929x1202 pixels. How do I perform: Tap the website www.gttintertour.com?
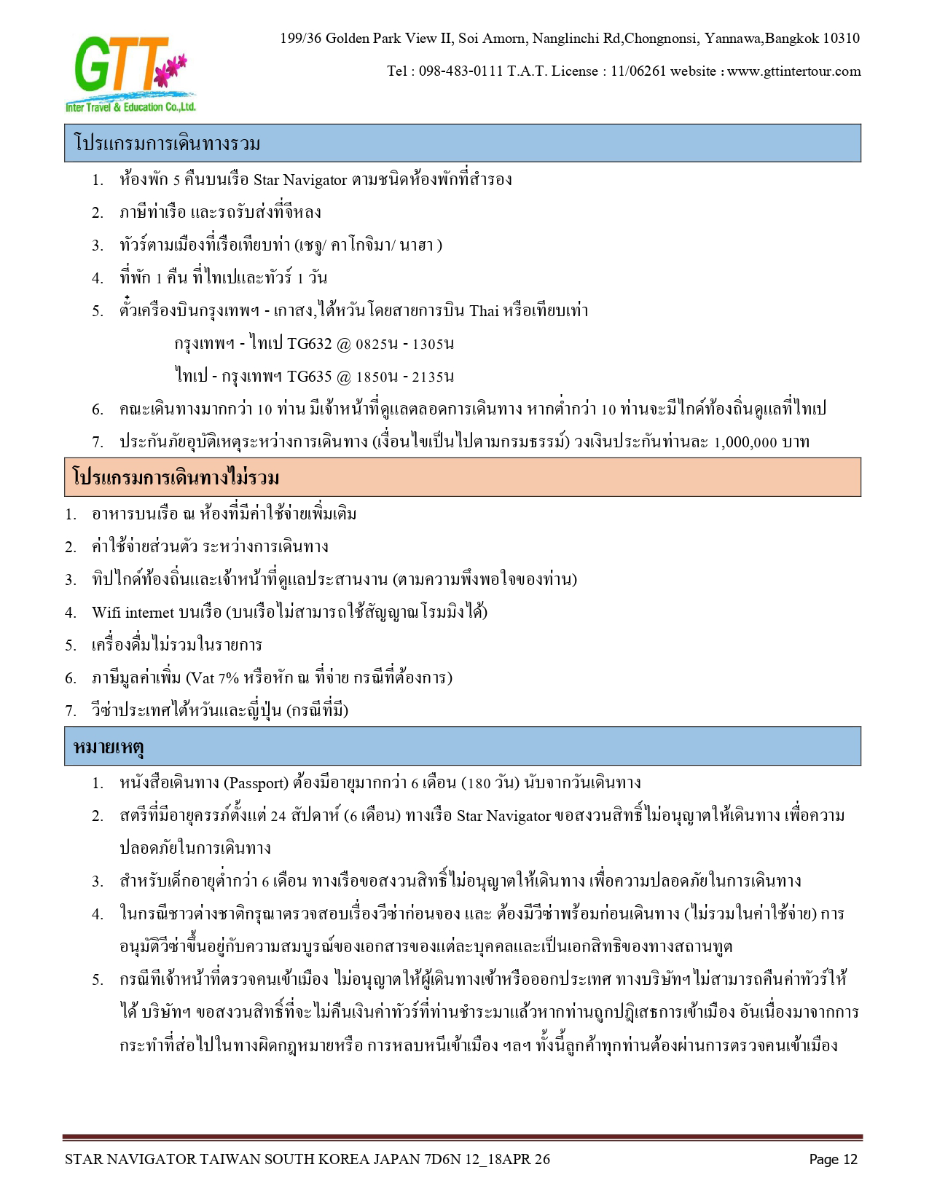tap(793, 71)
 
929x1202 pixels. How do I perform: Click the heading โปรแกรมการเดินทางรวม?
tap(167, 144)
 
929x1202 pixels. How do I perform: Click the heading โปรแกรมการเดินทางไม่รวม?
tap(176, 478)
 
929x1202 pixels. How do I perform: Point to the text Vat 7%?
tap(213, 678)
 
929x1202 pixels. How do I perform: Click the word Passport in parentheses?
tap(256, 783)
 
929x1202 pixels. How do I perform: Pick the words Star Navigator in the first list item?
tap(299, 180)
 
